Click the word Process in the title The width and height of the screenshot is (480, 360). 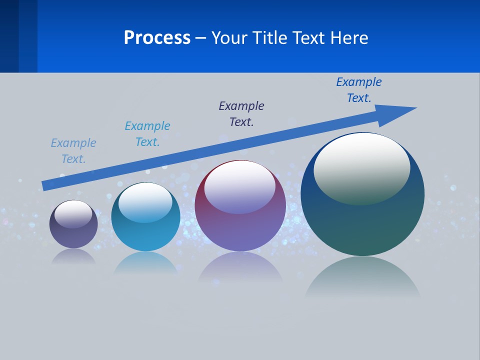[x=157, y=38]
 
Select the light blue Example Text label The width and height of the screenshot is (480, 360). [x=73, y=151]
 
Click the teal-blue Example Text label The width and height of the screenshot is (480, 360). [x=147, y=134]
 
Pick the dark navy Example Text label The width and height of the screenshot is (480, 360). [x=241, y=114]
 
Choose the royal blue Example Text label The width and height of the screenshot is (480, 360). [x=359, y=90]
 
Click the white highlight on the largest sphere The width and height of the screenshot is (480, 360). [x=362, y=167]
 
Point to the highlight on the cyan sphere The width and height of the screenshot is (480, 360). [x=145, y=201]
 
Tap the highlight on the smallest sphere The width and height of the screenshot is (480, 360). [x=73, y=214]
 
